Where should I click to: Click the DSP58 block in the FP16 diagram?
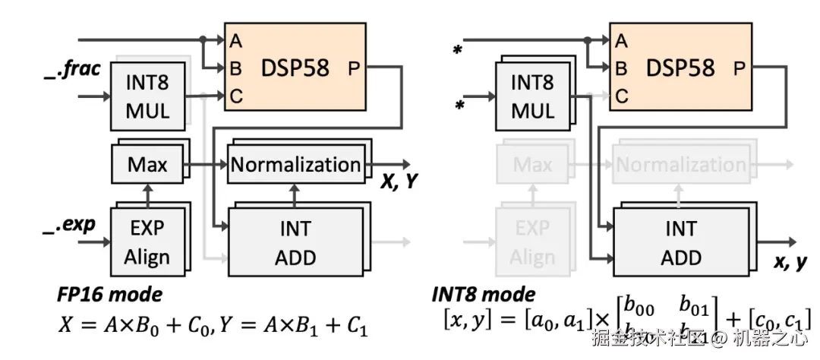coord(295,67)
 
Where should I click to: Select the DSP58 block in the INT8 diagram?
coord(680,67)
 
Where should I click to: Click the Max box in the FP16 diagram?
coord(147,164)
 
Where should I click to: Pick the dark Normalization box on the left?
coord(295,164)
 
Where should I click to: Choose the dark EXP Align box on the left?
coord(147,242)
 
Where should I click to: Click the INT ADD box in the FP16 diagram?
coord(295,242)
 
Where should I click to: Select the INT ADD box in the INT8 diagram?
coord(680,242)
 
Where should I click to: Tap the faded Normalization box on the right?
coord(680,164)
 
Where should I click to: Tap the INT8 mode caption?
coord(483,293)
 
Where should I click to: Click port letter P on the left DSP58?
coord(355,68)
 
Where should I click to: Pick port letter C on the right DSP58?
coord(622,96)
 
